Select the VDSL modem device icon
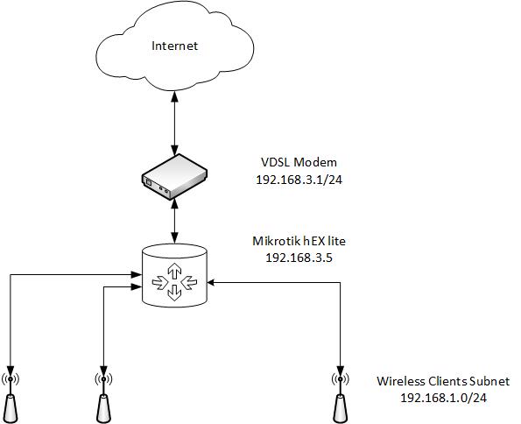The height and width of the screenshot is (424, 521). (175, 174)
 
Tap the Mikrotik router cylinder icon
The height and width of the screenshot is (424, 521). (175, 276)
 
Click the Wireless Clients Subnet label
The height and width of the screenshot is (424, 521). (442, 382)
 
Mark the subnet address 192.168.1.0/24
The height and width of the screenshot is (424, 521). (442, 397)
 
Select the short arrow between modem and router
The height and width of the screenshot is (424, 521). (176, 219)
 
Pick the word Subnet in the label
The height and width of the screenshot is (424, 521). (491, 382)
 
